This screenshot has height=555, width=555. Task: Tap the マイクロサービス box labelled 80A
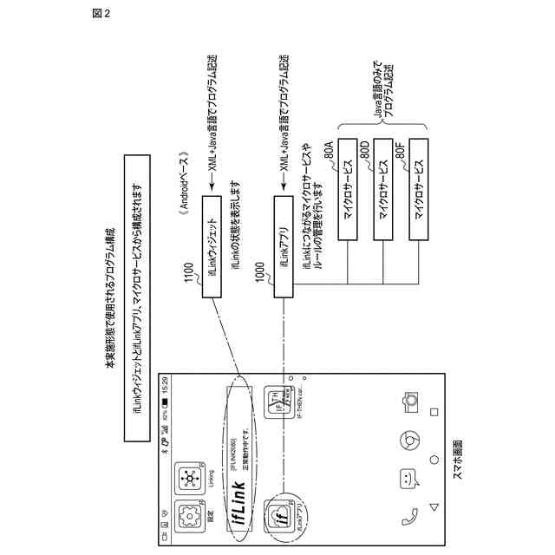(x=348, y=186)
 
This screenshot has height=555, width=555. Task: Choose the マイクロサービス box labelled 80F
(x=420, y=186)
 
